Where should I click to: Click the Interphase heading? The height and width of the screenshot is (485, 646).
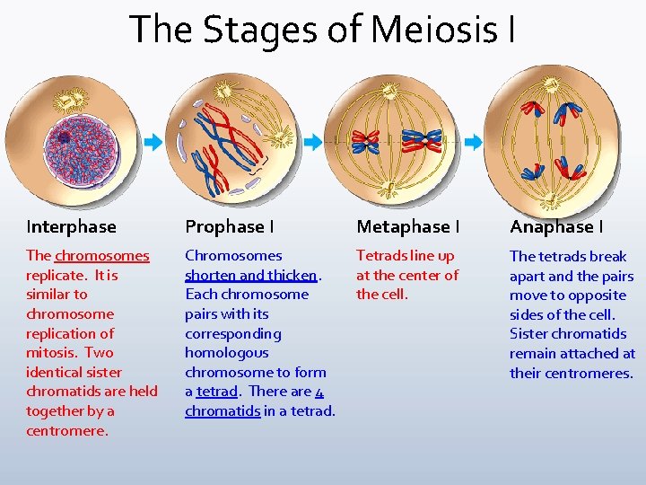coord(71,226)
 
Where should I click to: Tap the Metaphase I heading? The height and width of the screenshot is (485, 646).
coord(407,226)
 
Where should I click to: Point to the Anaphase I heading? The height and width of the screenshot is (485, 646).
coord(556,226)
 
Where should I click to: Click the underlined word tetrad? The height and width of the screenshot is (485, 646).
coord(216,392)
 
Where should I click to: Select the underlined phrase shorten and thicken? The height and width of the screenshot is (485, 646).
coord(250,275)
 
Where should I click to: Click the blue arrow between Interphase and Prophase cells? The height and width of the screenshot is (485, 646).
coord(153,142)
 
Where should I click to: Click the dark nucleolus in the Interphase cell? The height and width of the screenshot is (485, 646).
coord(65,137)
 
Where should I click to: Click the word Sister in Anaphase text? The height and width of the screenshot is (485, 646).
coord(530,334)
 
